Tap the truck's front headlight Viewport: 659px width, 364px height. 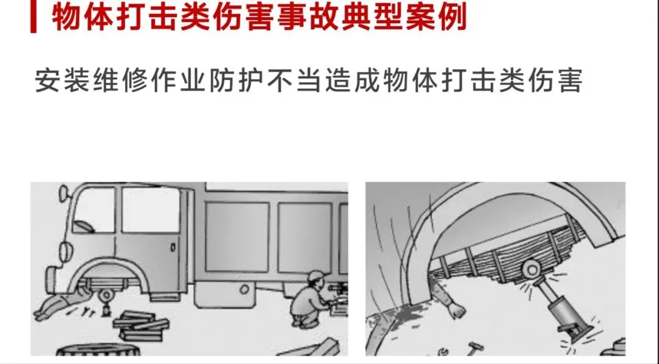coord(64,251)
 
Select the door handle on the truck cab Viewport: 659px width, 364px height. coord(173,247)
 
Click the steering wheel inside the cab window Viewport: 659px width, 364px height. coord(83,227)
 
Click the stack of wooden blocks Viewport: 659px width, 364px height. coord(141,326)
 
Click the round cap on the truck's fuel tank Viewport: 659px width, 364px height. coord(244,289)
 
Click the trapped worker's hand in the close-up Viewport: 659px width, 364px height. coord(456,310)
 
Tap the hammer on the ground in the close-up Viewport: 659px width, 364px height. coord(474,349)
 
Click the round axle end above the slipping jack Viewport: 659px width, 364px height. coord(531,269)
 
